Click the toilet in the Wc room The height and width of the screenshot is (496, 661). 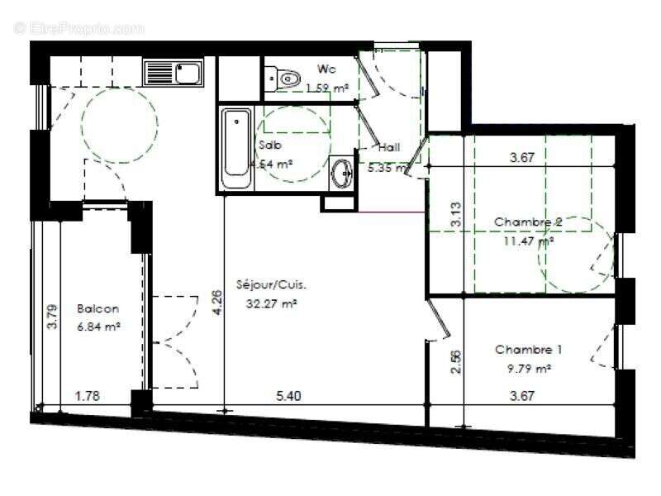pos(286,79)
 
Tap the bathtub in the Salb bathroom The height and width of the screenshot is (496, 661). pos(237,150)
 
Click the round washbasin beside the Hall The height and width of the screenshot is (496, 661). pos(341,173)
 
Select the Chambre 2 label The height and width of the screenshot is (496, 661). pos(529,222)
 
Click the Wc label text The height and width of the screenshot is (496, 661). pos(326,69)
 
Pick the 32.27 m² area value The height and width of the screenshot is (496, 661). pos(271,303)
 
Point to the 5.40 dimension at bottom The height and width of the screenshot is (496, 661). pos(288,396)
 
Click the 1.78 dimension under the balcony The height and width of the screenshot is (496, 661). pos(88,396)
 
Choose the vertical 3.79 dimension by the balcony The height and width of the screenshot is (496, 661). pos(52,317)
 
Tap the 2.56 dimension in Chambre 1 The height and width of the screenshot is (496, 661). pos(456,361)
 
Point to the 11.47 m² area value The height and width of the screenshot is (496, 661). pos(528,241)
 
